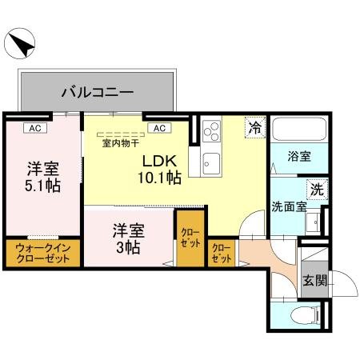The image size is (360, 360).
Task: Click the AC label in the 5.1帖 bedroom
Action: pyautogui.click(x=34, y=127)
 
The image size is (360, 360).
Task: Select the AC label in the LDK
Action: pyautogui.click(x=158, y=127)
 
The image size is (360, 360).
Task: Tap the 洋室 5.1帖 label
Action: pyautogui.click(x=42, y=176)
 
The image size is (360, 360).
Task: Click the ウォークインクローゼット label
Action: pyautogui.click(x=42, y=255)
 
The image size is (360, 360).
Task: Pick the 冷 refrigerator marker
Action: pyautogui.click(x=254, y=127)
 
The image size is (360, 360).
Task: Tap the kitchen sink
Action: pyautogui.click(x=212, y=160)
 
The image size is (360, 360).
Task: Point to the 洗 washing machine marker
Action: pyautogui.click(x=317, y=190)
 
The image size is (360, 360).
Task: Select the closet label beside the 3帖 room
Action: pyautogui.click(x=190, y=237)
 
